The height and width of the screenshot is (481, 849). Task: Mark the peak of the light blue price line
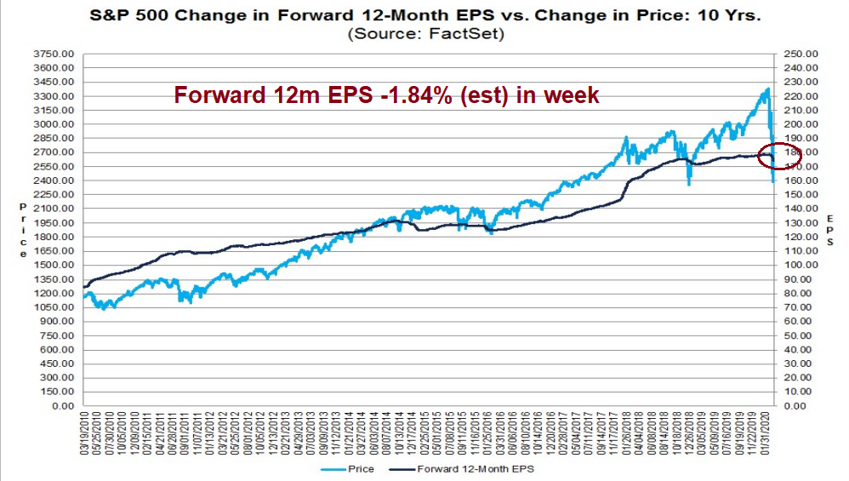click(x=768, y=89)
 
